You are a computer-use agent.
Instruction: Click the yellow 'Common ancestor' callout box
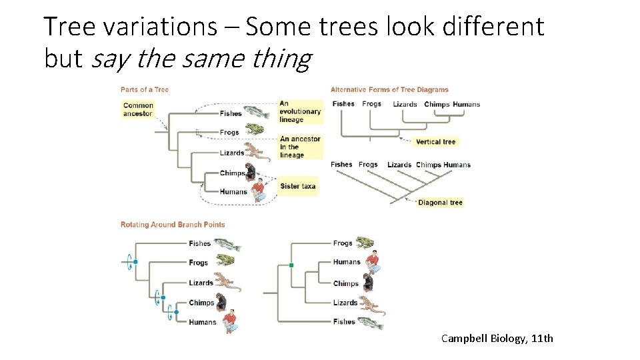(138, 109)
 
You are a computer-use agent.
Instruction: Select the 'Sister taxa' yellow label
(297, 186)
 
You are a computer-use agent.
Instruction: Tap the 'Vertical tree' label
(435, 141)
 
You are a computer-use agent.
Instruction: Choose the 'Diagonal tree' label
(439, 203)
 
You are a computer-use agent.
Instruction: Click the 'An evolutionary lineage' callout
(300, 112)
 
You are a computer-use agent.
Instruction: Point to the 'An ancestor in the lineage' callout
(300, 147)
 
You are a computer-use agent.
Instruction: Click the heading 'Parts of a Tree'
(145, 90)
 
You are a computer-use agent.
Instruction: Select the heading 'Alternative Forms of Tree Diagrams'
(389, 90)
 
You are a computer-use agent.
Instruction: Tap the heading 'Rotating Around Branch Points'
(173, 225)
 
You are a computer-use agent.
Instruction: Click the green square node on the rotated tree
(291, 265)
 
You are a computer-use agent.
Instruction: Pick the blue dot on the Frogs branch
(135, 262)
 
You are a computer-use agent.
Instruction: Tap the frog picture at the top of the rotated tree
(365, 243)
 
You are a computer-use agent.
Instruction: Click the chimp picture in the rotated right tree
(367, 283)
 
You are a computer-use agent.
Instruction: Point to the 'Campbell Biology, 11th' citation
(497, 339)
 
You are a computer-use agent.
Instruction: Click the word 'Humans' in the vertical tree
(466, 104)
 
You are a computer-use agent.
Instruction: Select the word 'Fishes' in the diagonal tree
(341, 165)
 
